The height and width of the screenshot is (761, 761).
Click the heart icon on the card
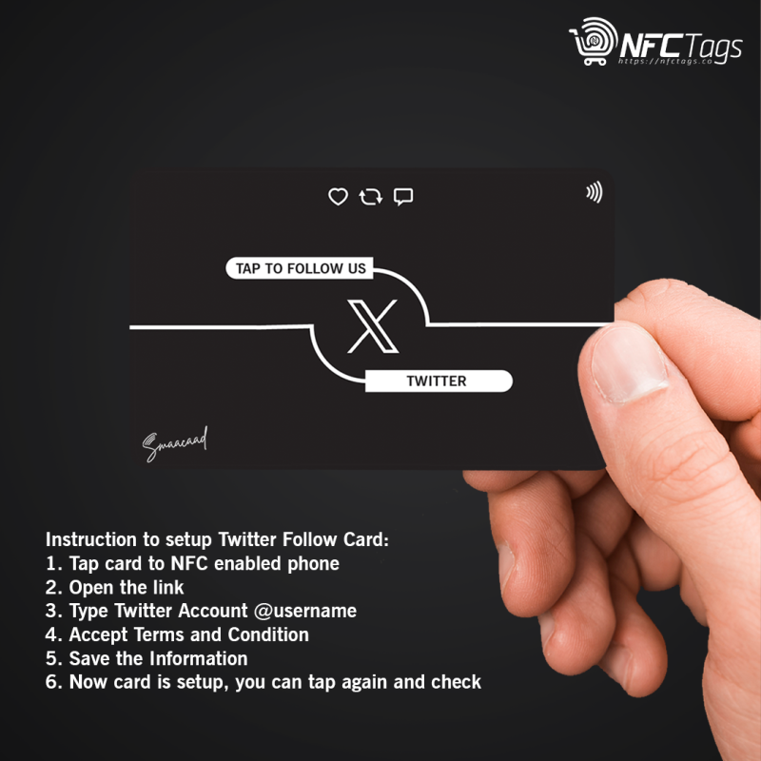point(338,197)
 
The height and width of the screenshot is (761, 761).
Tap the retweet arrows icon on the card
point(370,197)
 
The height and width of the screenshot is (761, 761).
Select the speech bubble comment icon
point(403,197)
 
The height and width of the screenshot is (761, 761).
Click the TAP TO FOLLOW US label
point(301,268)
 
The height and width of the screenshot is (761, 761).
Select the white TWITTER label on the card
point(437,381)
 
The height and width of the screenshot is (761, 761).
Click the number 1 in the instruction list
point(50,563)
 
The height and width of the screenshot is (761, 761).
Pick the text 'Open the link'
point(127,587)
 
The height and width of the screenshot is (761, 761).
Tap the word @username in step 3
point(305,611)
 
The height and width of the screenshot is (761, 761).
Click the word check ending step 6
point(455,682)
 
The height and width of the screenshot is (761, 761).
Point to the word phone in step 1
point(312,563)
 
